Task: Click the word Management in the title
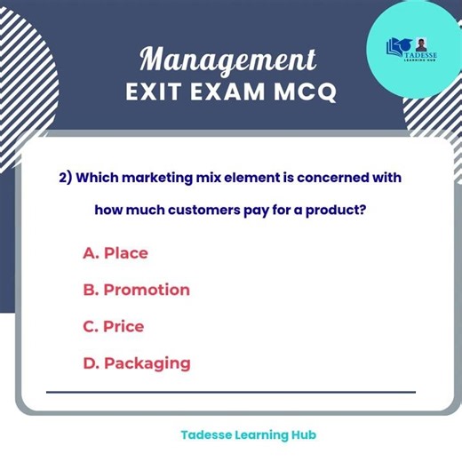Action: pos(228,60)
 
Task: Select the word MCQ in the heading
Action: pos(304,92)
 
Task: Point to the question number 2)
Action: pos(65,177)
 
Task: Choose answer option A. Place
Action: pos(115,253)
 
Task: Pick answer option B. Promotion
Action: pos(136,290)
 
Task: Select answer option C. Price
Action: pos(113,326)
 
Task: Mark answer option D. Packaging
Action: pos(136,362)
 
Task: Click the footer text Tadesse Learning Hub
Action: pos(248,435)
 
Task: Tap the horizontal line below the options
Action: pos(231,392)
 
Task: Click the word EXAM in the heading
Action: pos(229,92)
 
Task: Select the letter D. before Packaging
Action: pos(91,362)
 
